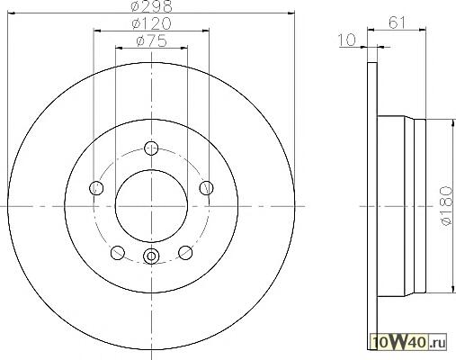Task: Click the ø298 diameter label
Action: tap(152, 6)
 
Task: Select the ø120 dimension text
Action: tap(152, 23)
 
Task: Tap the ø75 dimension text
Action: tap(151, 41)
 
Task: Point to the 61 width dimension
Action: tap(397, 22)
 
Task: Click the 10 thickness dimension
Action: tap(346, 40)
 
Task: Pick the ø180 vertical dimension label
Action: tap(446, 206)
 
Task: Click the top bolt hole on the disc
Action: tap(151, 148)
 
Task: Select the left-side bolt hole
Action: tap(96, 188)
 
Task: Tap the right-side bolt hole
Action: tap(207, 188)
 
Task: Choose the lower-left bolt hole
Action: tap(118, 253)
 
